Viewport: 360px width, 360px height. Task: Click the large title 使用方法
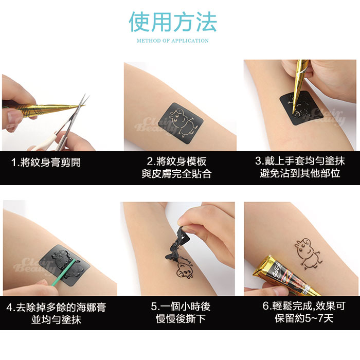pos(173,22)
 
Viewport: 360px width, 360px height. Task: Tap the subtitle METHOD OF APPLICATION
pos(173,41)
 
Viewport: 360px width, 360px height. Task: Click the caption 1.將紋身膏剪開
pos(46,162)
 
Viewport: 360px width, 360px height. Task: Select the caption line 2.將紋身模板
pos(176,161)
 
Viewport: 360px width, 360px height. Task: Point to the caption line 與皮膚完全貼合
pos(176,174)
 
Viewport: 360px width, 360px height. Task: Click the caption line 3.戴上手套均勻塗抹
pos(300,160)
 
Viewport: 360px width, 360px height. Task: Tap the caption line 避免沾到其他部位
pos(300,173)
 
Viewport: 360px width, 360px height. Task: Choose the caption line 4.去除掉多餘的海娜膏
pos(56,307)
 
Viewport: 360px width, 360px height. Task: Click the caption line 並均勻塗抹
pos(56,319)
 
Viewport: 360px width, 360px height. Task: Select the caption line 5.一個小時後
pos(181,307)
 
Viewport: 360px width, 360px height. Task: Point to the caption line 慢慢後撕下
pos(181,319)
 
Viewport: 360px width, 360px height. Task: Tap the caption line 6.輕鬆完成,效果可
pos(304,306)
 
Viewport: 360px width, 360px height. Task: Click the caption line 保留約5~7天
pos(304,318)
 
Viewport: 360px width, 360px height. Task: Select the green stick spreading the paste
pos(63,273)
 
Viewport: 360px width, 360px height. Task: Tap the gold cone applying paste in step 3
pos(300,86)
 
